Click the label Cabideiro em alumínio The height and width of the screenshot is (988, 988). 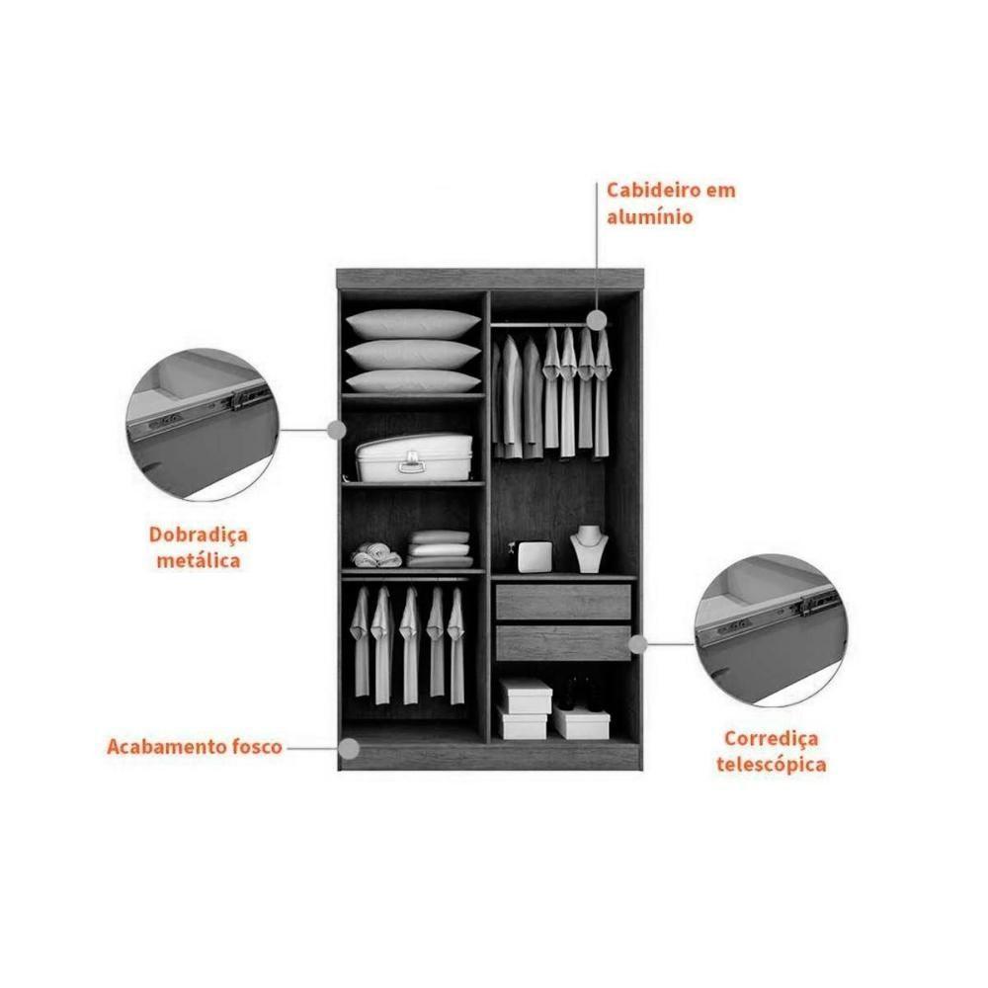tap(671, 204)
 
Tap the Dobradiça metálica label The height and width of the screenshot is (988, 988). tap(199, 547)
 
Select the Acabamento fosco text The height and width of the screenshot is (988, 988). tap(194, 747)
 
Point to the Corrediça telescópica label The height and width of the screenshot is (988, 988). tap(772, 751)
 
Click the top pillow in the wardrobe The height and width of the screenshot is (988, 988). tap(413, 323)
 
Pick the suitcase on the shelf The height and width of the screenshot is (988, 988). tap(414, 456)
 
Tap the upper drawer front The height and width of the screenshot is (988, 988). tap(563, 602)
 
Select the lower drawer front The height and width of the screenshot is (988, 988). tap(563, 643)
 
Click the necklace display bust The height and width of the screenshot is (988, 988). tap(589, 548)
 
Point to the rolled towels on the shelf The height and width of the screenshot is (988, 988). tap(376, 555)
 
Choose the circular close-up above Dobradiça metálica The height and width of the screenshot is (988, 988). tap(203, 425)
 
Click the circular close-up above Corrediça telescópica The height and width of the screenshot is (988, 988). tap(772, 630)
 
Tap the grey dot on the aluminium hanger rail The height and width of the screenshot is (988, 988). tap(596, 320)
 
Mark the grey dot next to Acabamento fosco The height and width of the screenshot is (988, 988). tap(349, 749)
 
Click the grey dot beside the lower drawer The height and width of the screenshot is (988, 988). tap(638, 644)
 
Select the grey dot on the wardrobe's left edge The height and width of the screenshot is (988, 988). tap(337, 431)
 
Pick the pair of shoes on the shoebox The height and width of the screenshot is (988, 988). tap(578, 694)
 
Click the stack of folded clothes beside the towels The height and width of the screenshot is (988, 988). tap(440, 548)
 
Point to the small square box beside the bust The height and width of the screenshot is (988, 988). tap(535, 557)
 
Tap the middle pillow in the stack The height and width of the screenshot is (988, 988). tap(413, 354)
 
